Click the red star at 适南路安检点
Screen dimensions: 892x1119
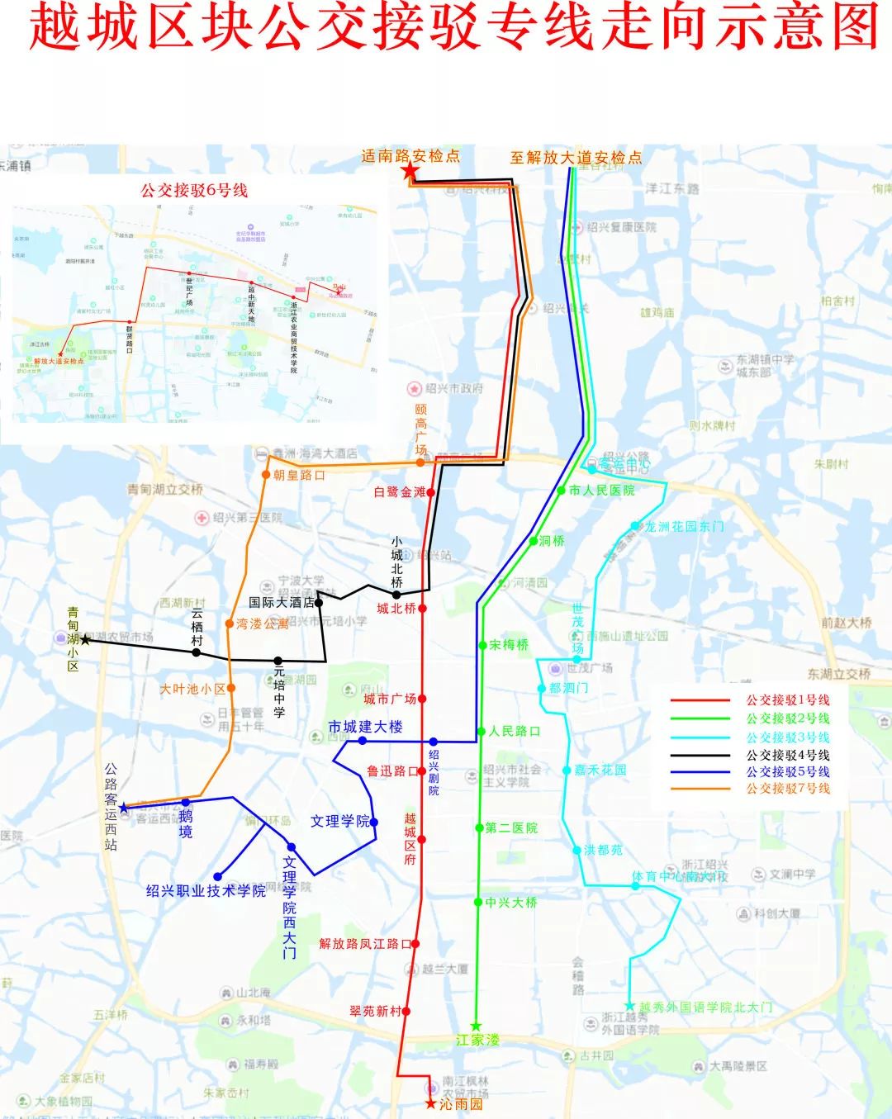[410, 172]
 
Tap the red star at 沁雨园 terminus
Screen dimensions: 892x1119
[429, 1103]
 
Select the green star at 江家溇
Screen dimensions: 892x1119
[476, 1027]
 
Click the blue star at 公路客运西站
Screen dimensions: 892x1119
[124, 807]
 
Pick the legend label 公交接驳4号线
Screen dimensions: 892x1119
[788, 755]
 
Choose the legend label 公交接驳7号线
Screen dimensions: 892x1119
[788, 789]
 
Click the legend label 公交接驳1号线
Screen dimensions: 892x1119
[788, 700]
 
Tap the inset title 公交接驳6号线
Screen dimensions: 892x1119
[194, 190]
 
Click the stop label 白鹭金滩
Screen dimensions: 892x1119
[399, 492]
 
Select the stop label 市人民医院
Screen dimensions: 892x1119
[602, 491]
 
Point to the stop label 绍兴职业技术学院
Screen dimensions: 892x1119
[206, 891]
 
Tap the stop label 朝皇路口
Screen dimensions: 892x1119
[299, 475]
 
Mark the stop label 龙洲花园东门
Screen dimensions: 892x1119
[684, 526]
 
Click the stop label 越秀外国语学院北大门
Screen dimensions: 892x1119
[706, 1007]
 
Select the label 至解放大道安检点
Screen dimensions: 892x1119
[576, 157]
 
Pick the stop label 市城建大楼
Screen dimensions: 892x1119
[366, 727]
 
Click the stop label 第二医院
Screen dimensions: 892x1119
[511, 827]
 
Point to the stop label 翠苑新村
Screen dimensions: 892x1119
[375, 1011]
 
